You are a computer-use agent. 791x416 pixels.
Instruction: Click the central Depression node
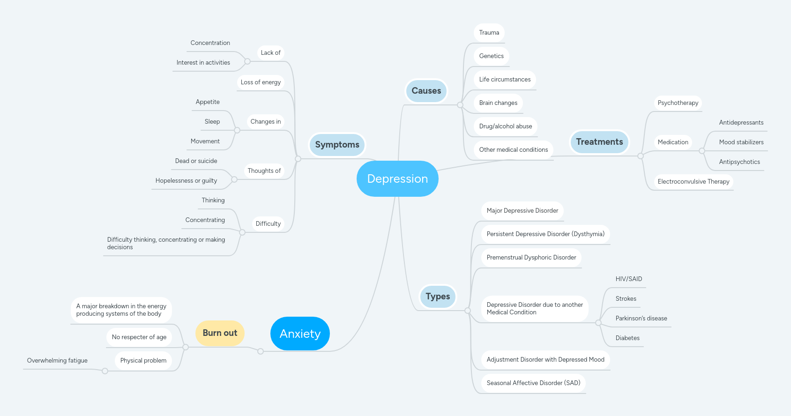click(397, 178)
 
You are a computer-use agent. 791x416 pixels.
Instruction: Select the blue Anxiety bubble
click(300, 334)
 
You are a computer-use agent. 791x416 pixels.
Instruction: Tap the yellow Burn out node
click(220, 333)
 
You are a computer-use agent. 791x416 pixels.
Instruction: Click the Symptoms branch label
click(337, 145)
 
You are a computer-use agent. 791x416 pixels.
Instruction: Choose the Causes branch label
click(426, 91)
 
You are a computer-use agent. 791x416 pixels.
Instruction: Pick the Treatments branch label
click(599, 142)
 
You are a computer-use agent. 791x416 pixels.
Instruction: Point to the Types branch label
click(438, 297)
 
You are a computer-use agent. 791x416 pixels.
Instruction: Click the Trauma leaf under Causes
click(489, 33)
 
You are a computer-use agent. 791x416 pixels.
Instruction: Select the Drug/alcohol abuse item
click(505, 126)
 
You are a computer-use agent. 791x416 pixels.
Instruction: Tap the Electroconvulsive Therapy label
click(693, 182)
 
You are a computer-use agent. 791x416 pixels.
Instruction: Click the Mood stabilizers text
click(741, 142)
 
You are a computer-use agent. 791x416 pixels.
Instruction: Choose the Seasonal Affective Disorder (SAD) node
click(533, 383)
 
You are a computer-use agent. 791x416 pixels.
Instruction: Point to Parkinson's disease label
click(641, 319)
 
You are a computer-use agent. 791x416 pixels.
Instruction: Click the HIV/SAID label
click(628, 279)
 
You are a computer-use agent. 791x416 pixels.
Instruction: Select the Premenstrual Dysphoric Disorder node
click(531, 258)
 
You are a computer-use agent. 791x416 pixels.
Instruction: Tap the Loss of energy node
click(261, 82)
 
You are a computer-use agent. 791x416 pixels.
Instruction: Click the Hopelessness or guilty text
click(186, 181)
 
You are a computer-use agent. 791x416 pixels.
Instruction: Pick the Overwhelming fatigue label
click(57, 361)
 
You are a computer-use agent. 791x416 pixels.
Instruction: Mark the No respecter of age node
click(139, 337)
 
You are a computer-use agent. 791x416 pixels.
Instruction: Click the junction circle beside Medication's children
click(701, 151)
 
